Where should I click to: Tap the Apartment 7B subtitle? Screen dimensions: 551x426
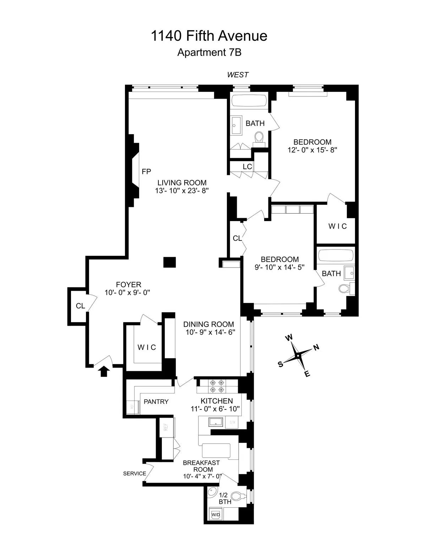click(x=209, y=53)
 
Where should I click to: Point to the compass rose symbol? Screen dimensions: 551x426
click(x=299, y=355)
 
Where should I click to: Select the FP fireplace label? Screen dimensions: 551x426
click(x=146, y=172)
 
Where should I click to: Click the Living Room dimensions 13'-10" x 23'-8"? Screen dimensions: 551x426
click(x=182, y=191)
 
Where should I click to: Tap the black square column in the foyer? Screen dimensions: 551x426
click(x=169, y=262)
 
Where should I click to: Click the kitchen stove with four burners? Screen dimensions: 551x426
click(x=217, y=386)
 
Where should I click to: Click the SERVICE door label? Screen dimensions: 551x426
click(x=135, y=473)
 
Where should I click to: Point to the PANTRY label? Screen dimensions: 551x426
click(x=156, y=402)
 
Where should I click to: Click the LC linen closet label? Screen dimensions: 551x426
click(x=247, y=166)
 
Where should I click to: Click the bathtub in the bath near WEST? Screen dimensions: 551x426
click(x=249, y=100)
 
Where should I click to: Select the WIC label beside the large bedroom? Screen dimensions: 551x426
click(x=337, y=226)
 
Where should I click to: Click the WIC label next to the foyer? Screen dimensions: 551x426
click(x=147, y=347)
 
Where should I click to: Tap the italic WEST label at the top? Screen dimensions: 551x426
click(x=238, y=75)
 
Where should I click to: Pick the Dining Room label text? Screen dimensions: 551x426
click(x=209, y=324)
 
